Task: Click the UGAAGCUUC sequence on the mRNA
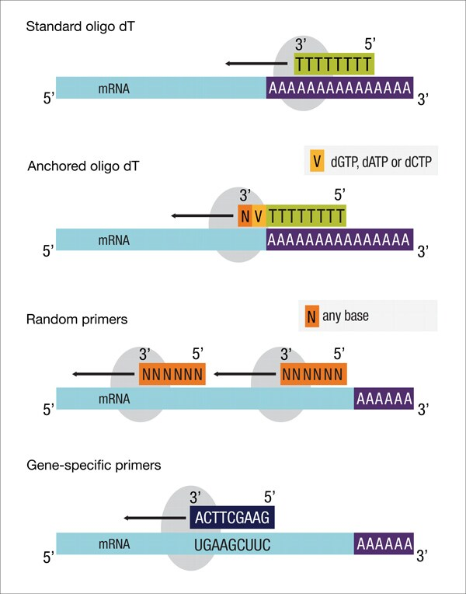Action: tap(231, 547)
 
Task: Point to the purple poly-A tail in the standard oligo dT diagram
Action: tap(339, 88)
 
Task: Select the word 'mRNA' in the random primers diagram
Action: tap(113, 400)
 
